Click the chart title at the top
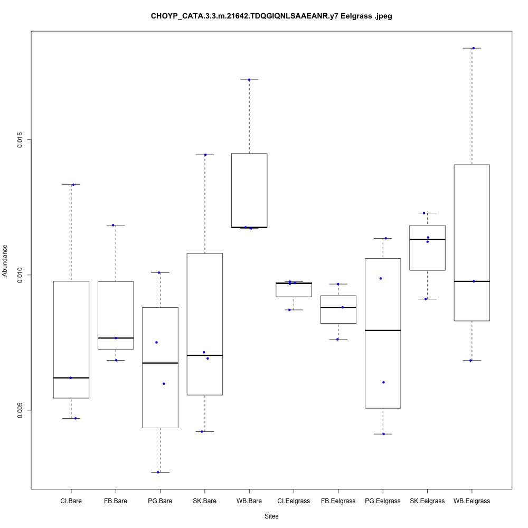[x=271, y=16]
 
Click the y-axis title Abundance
[x=6, y=260]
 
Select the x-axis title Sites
[x=271, y=516]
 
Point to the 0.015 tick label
[x=21, y=139]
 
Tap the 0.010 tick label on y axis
[x=21, y=275]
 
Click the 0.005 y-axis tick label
[x=21, y=410]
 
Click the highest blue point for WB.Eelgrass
[x=473, y=48]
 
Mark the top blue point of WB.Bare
[x=249, y=80]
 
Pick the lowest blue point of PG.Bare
[x=158, y=472]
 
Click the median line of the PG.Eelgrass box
[x=383, y=330]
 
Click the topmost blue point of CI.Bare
[x=73, y=184]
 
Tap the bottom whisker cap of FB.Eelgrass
[x=338, y=339]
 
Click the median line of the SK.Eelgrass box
[x=427, y=240]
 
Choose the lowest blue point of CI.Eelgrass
[x=289, y=309]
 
